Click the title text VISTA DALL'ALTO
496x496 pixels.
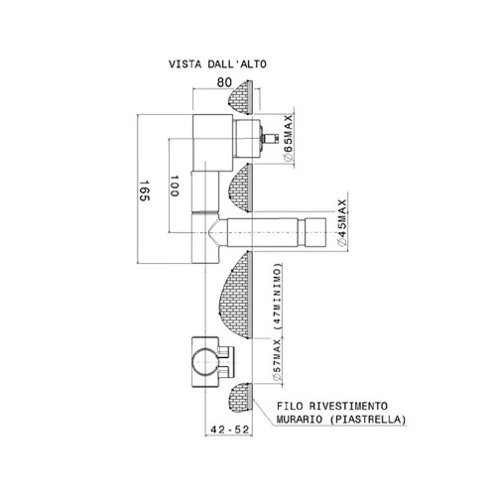pos(217,64)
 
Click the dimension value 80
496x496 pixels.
pos(224,82)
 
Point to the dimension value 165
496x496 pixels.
pos(144,190)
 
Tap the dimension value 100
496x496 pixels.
pos(175,186)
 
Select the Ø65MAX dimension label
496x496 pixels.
pos(289,138)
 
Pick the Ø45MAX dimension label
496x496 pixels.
pos(341,222)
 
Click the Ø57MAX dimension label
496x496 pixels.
pos(277,360)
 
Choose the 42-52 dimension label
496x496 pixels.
pos(229,430)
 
